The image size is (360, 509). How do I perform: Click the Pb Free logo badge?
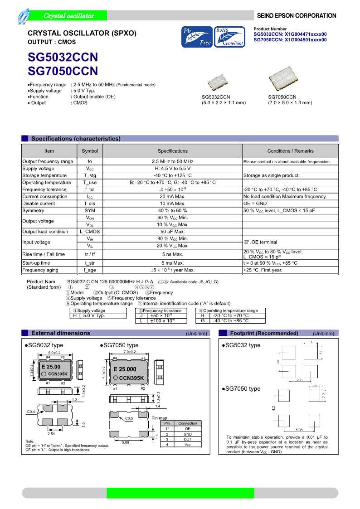tap(197, 37)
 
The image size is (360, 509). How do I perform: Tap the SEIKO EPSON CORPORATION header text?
tap(297, 16)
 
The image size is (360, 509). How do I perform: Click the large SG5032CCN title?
tap(63, 58)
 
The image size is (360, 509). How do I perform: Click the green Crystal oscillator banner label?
tap(68, 16)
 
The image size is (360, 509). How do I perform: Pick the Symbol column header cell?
tap(90, 151)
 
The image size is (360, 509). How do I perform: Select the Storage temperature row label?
tap(44, 175)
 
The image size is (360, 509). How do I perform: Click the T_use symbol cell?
tap(90, 182)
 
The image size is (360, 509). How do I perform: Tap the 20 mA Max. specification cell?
tap(172, 196)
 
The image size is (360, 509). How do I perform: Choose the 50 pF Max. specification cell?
tap(172, 232)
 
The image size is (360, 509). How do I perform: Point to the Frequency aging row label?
tap(40, 270)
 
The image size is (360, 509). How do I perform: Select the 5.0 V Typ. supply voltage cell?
tap(94, 315)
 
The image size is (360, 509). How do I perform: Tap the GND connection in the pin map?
tap(188, 434)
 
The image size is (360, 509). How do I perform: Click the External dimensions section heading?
tap(61, 333)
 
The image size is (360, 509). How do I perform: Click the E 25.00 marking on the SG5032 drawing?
tap(51, 367)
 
